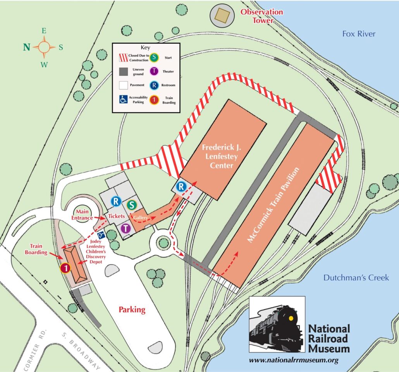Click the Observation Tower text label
click(x=261, y=16)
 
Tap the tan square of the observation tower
click(x=223, y=15)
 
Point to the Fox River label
click(x=358, y=34)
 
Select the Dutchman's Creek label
click(x=356, y=277)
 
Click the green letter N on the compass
click(x=26, y=47)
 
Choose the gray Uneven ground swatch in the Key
click(x=123, y=71)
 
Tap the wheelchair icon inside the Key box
click(x=123, y=99)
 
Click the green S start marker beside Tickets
click(x=132, y=204)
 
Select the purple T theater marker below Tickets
click(x=125, y=228)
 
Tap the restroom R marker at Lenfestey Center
click(x=181, y=187)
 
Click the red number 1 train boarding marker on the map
click(x=65, y=268)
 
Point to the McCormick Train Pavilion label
click(x=274, y=205)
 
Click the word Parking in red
click(x=132, y=310)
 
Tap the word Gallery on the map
click(x=141, y=218)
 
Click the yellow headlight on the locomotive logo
click(x=291, y=318)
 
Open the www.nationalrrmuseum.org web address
click(x=294, y=360)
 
